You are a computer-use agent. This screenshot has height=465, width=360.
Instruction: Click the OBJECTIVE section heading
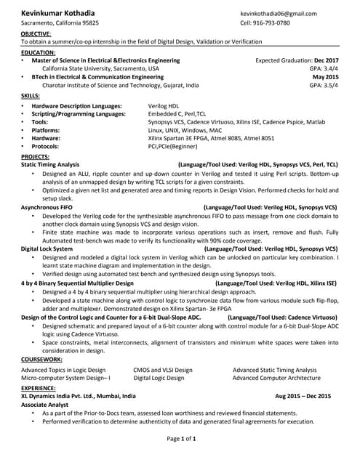pos(36,34)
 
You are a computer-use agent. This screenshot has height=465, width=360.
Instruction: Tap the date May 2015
pos(325,76)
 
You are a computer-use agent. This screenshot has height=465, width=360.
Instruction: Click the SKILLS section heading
pos(31,95)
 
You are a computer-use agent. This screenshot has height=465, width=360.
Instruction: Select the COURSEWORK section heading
pos(41,359)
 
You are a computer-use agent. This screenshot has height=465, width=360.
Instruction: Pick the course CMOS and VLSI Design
pos(163,370)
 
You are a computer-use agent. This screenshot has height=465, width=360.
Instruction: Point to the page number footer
pos(182,439)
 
